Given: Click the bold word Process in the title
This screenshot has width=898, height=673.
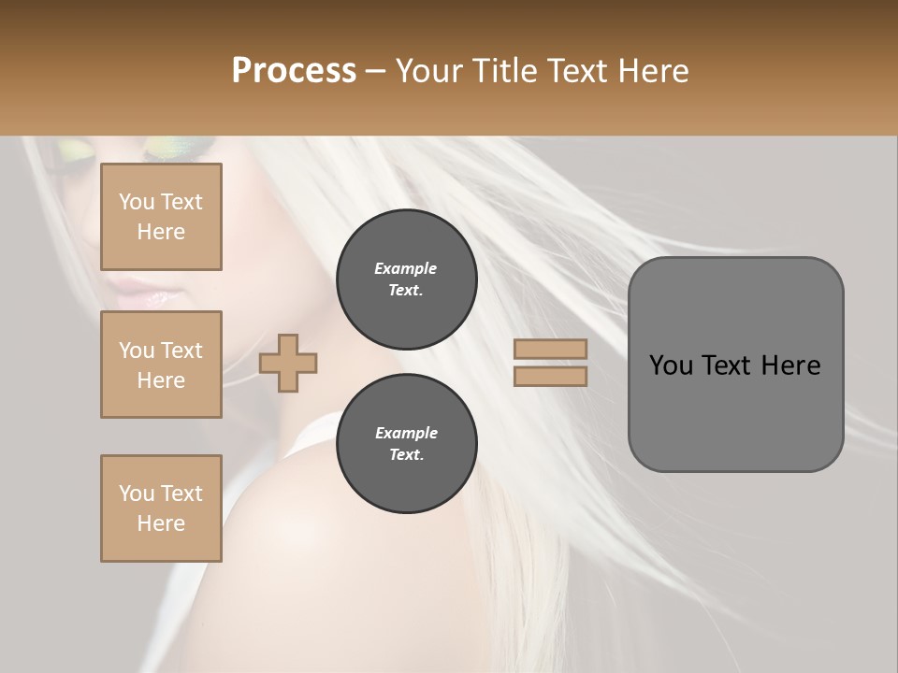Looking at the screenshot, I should click(294, 70).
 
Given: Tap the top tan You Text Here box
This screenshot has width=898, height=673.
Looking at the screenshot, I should click(161, 217).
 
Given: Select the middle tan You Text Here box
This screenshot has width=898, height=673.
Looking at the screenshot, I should click(161, 365).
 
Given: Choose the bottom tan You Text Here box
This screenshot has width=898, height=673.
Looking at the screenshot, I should click(161, 508).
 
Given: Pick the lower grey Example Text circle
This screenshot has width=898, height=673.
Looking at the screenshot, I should click(406, 444).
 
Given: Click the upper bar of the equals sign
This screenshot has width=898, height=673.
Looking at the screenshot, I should click(551, 349).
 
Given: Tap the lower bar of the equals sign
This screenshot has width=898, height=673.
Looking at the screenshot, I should click(551, 376).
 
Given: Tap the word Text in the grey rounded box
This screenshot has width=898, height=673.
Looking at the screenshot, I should click(726, 365).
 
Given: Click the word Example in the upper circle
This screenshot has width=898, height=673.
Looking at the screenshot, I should click(406, 268).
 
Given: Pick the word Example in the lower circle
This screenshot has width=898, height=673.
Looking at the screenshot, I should click(406, 433).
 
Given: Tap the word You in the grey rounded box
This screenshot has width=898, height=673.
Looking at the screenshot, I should click(670, 365).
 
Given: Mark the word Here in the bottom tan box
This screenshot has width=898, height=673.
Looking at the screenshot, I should click(161, 523).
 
